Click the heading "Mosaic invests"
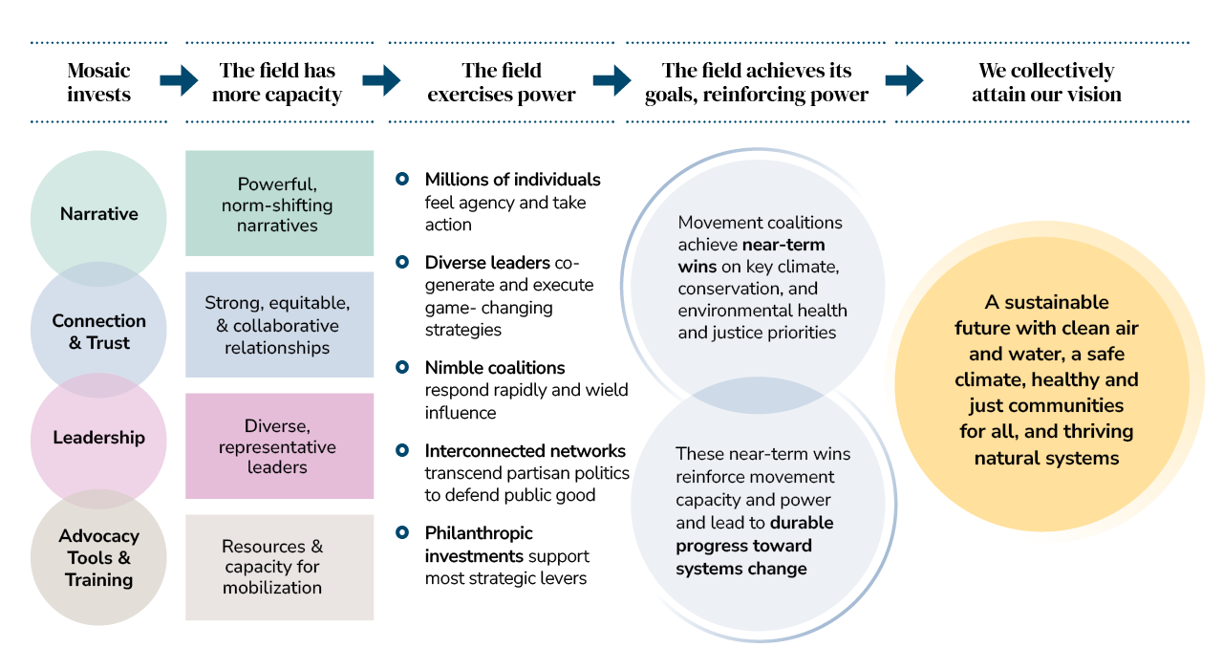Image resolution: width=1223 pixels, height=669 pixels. click(99, 82)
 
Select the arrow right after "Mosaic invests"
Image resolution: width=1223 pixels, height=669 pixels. click(178, 80)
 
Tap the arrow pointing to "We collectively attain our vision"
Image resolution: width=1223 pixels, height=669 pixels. click(904, 80)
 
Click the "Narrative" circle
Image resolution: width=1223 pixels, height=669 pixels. click(99, 214)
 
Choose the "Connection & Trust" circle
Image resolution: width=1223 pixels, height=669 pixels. click(99, 332)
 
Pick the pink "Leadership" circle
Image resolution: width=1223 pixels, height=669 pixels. click(99, 438)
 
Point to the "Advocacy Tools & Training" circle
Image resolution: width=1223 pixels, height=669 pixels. click(99, 558)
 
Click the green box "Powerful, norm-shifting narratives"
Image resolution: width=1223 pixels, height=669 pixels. click(279, 204)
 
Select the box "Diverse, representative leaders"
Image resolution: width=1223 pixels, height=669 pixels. click(279, 446)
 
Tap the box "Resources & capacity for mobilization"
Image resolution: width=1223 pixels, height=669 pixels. click(279, 567)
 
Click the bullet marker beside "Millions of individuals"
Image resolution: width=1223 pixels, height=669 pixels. click(402, 179)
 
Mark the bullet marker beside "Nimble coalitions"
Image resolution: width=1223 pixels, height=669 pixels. click(402, 367)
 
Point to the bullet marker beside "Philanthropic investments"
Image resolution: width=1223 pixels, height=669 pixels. click(402, 532)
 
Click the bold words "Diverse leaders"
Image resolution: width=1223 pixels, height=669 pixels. click(487, 262)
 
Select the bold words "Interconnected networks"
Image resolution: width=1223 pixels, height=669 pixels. click(525, 450)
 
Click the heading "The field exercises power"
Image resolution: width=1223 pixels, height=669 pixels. click(502, 82)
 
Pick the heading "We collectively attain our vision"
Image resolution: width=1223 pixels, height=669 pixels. click(1046, 82)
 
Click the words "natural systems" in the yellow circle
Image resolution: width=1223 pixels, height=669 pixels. click(1046, 458)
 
